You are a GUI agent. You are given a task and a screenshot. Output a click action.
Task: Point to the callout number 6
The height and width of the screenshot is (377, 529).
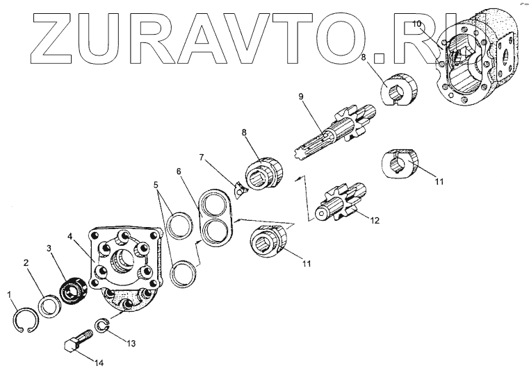pos(178,171)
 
